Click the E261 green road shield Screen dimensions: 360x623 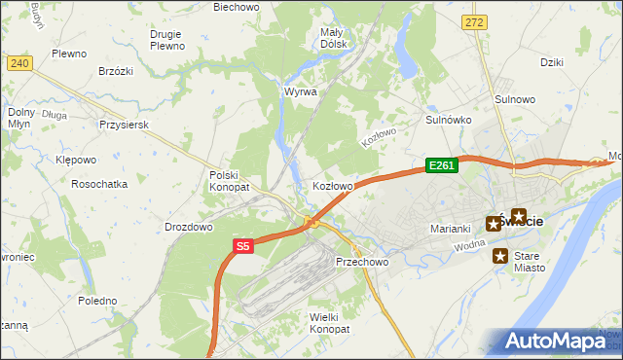(x=441, y=165)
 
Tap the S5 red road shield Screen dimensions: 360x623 (x=242, y=247)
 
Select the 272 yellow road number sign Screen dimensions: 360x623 (x=474, y=21)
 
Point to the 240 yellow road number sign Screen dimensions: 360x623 (x=19, y=63)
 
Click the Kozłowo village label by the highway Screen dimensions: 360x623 (x=332, y=185)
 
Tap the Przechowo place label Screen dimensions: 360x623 (x=362, y=262)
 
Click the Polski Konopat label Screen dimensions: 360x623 (x=230, y=180)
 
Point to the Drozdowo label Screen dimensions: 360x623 (x=189, y=227)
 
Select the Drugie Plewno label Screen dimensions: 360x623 (x=167, y=40)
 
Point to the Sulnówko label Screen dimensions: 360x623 (x=449, y=120)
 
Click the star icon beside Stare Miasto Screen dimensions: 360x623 (x=500, y=257)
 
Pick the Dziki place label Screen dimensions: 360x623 (x=552, y=62)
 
